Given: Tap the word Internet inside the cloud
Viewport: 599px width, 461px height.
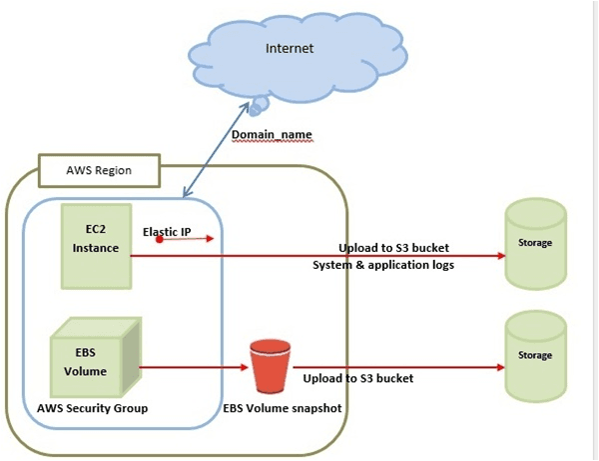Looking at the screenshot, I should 289,49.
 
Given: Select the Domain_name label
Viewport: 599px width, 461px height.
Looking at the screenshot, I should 273,134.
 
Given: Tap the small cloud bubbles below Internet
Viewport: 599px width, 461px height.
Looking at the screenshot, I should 261,104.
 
